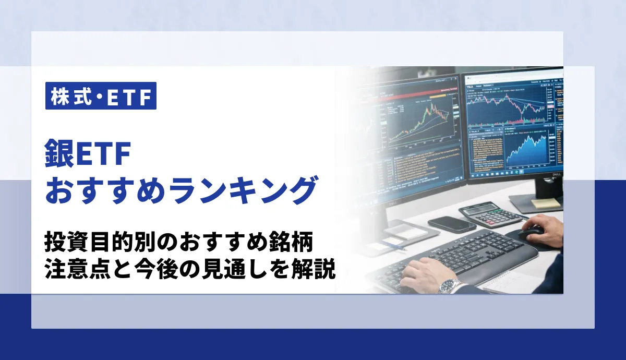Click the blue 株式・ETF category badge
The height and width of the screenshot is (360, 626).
(101, 97)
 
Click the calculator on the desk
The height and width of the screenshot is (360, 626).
(492, 213)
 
